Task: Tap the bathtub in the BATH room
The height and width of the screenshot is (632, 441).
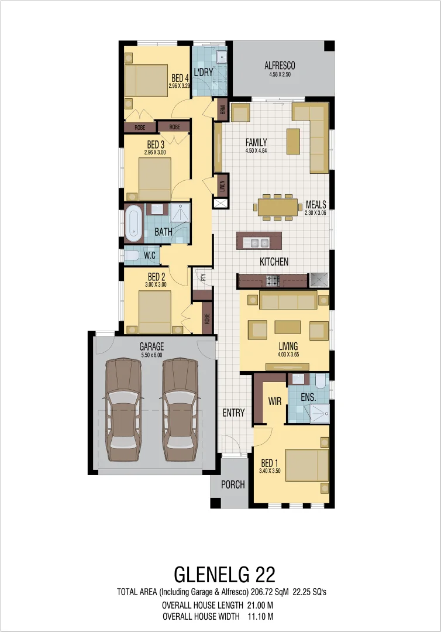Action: (x=133, y=223)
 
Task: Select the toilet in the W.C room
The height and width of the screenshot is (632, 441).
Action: (x=131, y=256)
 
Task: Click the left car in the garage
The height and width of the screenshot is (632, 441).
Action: (x=123, y=410)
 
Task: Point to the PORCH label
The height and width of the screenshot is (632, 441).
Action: (x=232, y=485)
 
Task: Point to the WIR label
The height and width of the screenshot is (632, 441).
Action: (x=275, y=402)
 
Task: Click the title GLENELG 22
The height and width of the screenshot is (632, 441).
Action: (x=225, y=573)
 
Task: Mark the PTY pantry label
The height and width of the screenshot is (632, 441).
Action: (x=203, y=277)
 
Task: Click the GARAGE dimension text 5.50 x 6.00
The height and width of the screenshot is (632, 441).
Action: (x=151, y=355)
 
